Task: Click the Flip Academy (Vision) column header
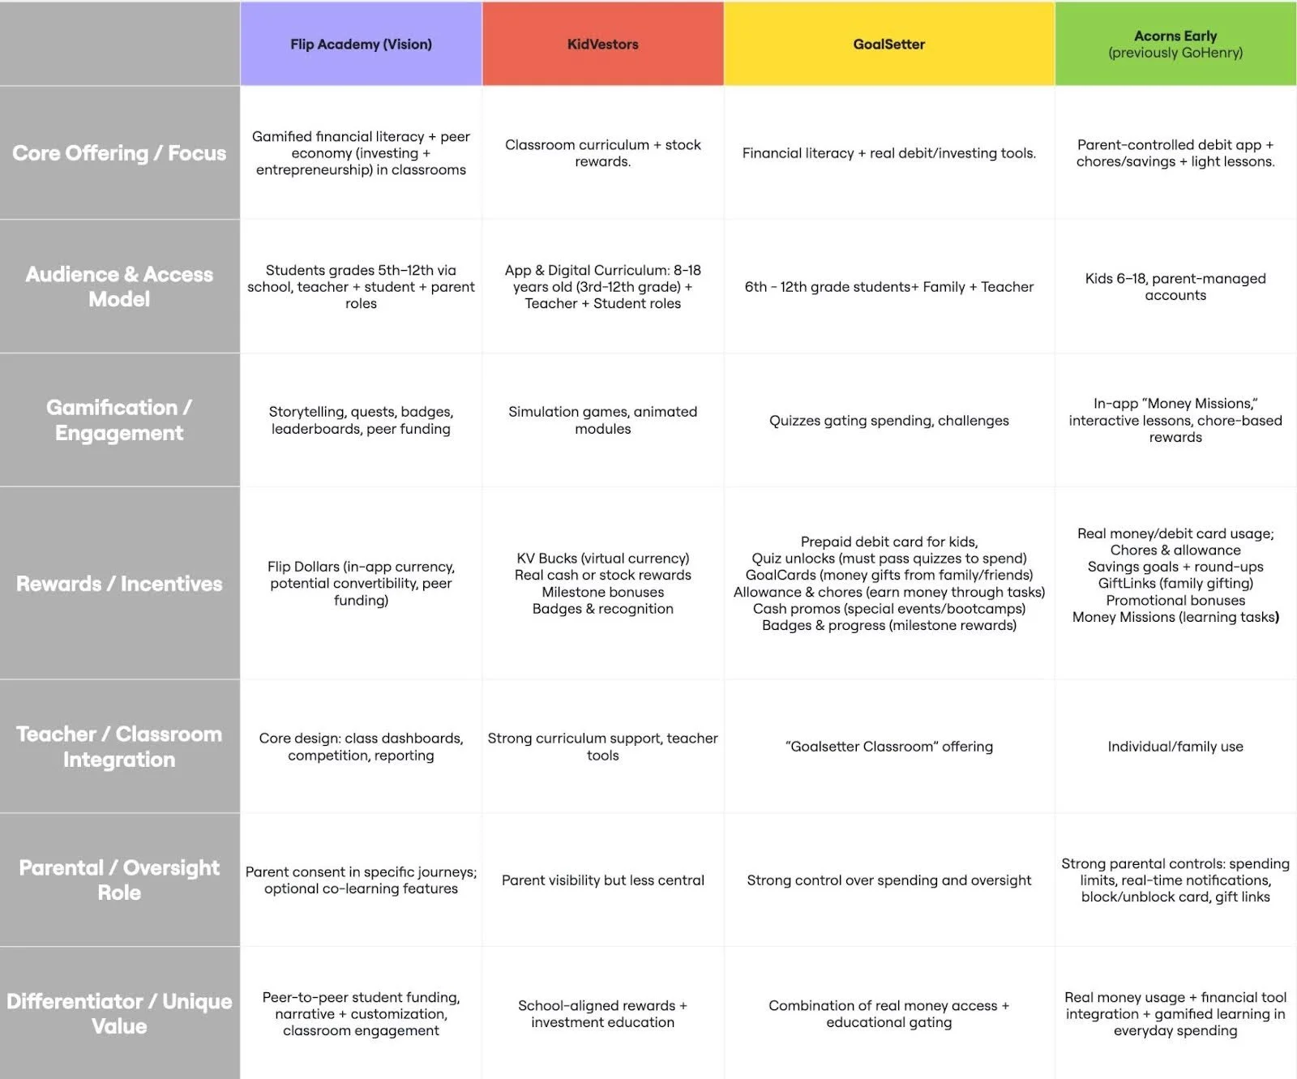point(361,45)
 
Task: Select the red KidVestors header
point(602,45)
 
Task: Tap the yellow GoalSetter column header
point(888,45)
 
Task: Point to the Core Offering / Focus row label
point(119,153)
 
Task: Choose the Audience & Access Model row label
point(119,286)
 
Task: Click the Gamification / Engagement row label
point(119,420)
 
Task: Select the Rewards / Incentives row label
point(119,584)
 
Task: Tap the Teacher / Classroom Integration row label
point(119,747)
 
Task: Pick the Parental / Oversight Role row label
point(119,880)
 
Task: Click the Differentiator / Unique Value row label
point(119,1013)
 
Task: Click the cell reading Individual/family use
point(1175,747)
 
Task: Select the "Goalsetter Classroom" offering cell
point(888,747)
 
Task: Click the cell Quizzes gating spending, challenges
point(888,421)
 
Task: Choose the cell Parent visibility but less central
point(602,880)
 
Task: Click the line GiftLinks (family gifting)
point(1175,584)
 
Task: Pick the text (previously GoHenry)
point(1175,54)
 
